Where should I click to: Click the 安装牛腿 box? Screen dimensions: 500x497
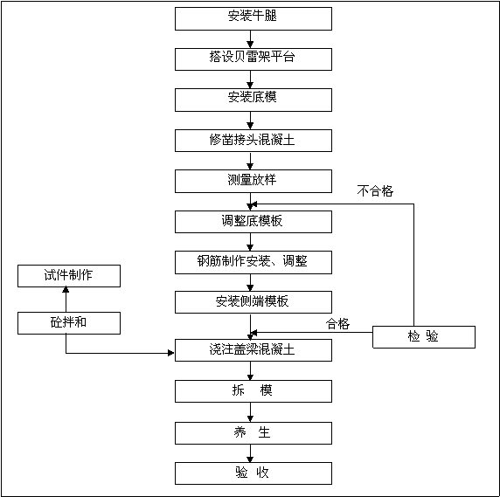(253, 19)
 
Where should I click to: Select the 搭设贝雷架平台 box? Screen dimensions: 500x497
(253, 59)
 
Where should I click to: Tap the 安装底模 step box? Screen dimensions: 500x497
(253, 100)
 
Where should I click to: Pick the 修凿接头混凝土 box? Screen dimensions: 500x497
(253, 141)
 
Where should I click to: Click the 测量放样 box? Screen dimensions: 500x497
(253, 182)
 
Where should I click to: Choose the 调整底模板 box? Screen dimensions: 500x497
(253, 222)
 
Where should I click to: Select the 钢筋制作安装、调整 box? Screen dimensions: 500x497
(253, 263)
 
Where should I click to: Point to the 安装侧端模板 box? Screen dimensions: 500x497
(253, 302)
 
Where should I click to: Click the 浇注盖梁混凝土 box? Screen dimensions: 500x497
(253, 350)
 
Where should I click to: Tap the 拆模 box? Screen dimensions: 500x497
(253, 391)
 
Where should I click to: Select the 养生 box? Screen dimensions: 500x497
(253, 433)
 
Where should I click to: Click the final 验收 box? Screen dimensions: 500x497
(253, 473)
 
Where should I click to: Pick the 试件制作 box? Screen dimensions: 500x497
(69, 276)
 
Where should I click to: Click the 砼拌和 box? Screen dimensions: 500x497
(69, 323)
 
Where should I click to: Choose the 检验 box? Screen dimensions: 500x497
(424, 337)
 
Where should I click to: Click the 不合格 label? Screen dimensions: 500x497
(375, 190)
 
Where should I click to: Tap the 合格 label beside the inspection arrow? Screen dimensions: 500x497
(337, 324)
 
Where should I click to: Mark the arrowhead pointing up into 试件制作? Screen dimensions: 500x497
(66, 289)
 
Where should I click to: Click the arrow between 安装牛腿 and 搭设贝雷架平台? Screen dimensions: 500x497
(250, 39)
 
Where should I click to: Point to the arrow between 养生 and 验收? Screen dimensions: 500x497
(250, 453)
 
